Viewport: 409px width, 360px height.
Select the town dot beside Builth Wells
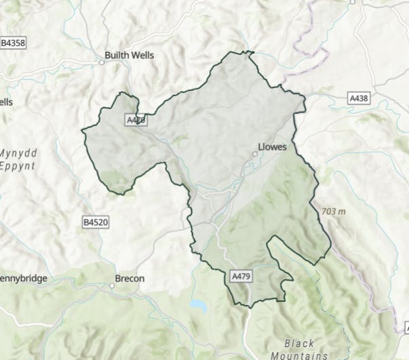coord(102,62)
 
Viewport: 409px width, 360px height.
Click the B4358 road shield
coord(13,43)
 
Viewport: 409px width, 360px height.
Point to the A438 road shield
coord(359,98)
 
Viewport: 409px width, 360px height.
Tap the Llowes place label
coord(273,146)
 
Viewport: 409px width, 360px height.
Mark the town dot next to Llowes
coord(255,154)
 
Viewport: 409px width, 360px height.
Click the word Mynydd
coord(17,153)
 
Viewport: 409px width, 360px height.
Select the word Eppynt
coord(17,165)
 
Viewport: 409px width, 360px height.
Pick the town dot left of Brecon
coord(113,285)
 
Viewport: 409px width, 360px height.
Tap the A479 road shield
coord(242,277)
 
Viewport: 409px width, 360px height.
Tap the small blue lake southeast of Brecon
coord(198,305)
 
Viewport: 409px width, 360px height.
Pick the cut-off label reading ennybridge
coord(24,279)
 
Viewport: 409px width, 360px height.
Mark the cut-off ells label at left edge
coord(7,102)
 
